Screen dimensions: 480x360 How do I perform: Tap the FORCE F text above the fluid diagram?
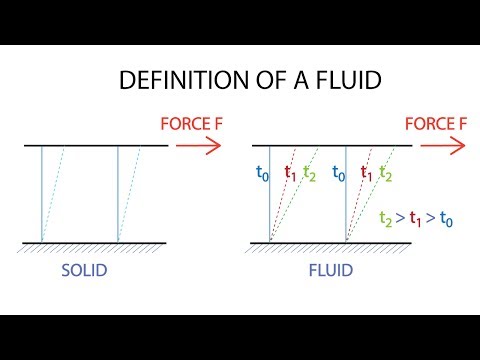tap(433, 124)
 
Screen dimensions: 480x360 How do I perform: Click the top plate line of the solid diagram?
tap(95, 146)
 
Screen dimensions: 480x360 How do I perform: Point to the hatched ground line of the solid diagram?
tap(95, 243)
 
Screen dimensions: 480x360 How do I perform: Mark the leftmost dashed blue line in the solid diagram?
tap(54, 195)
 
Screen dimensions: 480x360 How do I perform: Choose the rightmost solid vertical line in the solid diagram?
tap(118, 195)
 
